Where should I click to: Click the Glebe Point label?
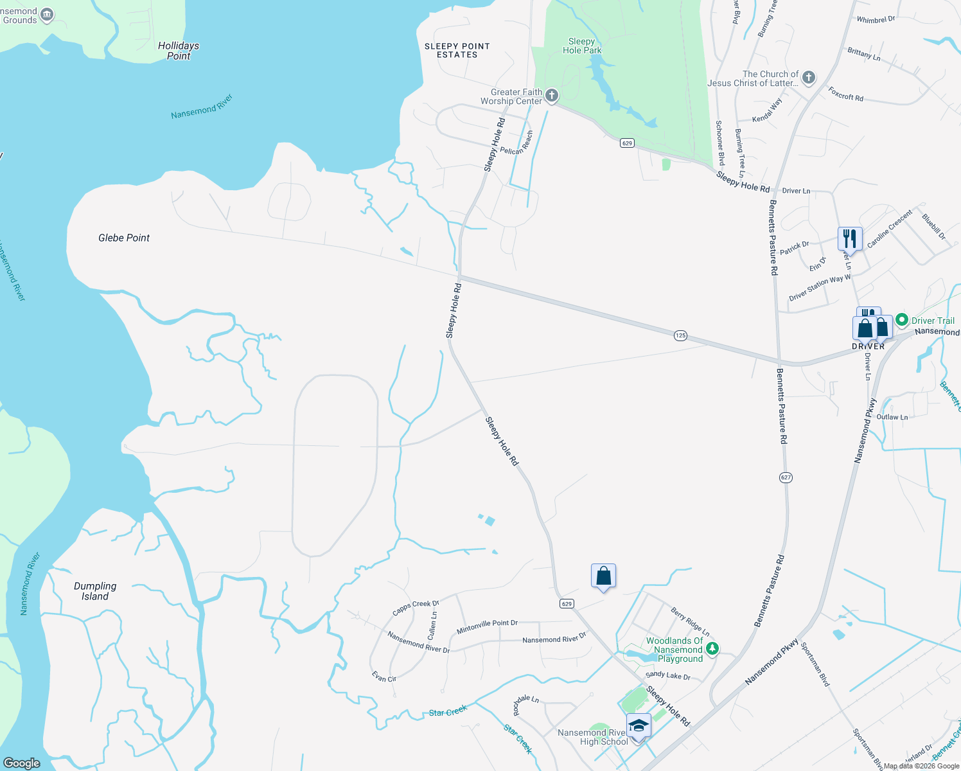coord(124,238)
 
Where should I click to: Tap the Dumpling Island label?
coord(95,591)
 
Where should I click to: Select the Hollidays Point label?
coord(179,51)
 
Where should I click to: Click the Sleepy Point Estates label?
coord(457,51)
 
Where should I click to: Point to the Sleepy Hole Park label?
coord(582,46)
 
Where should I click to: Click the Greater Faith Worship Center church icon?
coord(551,96)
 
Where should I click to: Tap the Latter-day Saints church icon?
coord(809,78)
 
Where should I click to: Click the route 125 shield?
coord(681,335)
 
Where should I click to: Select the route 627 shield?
coord(786,477)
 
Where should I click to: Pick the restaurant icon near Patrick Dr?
coord(850,238)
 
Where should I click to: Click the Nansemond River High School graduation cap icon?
coord(639,726)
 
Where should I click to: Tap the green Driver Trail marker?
coord(902,320)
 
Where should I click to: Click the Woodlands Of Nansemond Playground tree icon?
coord(712,650)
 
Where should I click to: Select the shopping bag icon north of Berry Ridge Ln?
coord(603,576)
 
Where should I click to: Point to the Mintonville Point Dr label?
coord(487,627)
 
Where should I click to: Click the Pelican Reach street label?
coord(516,143)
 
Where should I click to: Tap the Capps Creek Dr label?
coord(416,608)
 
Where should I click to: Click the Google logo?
coord(22,763)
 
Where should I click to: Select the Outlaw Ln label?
coord(892,417)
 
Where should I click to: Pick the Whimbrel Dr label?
coord(876,20)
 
